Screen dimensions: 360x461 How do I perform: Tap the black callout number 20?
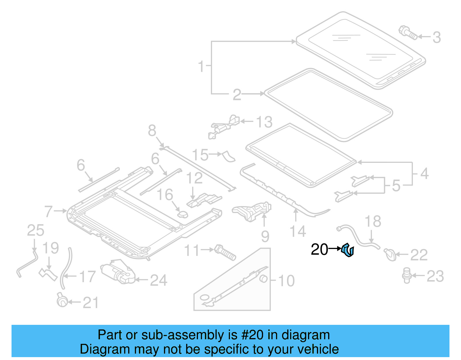pyautogui.click(x=319, y=250)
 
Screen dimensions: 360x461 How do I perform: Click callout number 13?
pyautogui.click(x=264, y=122)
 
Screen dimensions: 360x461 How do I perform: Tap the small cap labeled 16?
pyautogui.click(x=183, y=214)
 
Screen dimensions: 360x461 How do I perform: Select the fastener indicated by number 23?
pyautogui.click(x=407, y=275)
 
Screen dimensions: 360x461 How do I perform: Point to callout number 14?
pyautogui.click(x=298, y=232)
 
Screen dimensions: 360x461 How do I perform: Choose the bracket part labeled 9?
pyautogui.click(x=252, y=211)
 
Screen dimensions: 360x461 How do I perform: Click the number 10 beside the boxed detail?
pyautogui.click(x=286, y=281)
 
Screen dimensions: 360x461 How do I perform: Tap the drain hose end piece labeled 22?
pyautogui.click(x=390, y=255)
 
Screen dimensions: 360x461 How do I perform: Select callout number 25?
pyautogui.click(x=35, y=231)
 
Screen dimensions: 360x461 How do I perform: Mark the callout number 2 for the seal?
pyautogui.click(x=237, y=95)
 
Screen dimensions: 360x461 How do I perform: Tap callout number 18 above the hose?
pyautogui.click(x=373, y=222)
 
